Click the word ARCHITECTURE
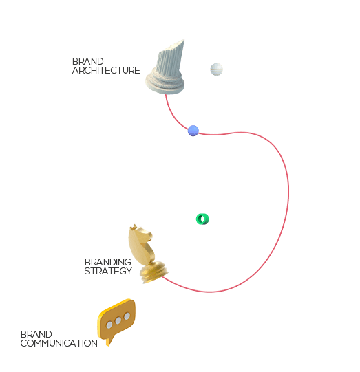tap(106, 70)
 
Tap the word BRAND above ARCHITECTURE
tap(88, 61)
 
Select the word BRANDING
tap(108, 262)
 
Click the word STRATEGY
tap(108, 271)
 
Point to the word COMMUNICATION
tap(59, 343)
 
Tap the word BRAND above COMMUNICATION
tap(36, 334)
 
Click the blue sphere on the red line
tap(193, 131)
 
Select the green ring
tap(202, 219)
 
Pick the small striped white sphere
tap(216, 69)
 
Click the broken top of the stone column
tap(175, 46)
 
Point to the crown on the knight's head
tap(134, 227)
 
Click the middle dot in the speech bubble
tap(118, 320)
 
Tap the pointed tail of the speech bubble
tap(109, 342)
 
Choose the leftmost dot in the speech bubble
tap(109, 325)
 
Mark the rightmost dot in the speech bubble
tap(127, 316)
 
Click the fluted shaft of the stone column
tap(169, 61)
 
